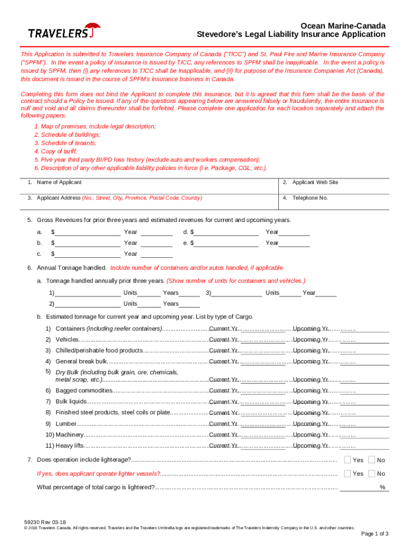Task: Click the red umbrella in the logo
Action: coord(93,27)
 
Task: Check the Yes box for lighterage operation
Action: coord(348,459)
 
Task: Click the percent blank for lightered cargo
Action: coord(359,487)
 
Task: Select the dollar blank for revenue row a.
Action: coord(87,232)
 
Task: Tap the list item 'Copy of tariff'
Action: coord(55,151)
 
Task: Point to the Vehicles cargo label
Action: coord(67,339)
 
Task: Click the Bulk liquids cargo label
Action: coord(70,402)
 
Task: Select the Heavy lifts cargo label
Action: coord(70,446)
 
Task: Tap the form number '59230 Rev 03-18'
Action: coord(45,522)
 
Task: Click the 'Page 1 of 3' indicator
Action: coord(374,533)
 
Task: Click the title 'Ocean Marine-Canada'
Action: coord(342,26)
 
